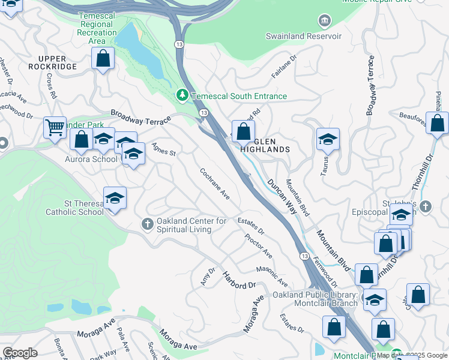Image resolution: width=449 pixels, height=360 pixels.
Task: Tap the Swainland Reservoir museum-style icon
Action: click(324, 22)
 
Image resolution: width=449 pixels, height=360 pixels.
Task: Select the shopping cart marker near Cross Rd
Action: click(55, 127)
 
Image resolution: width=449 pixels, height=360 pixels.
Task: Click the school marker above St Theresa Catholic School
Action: click(115, 197)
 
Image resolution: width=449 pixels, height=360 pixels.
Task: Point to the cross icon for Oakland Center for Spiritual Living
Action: click(148, 224)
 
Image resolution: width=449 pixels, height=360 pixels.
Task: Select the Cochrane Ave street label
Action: click(215, 184)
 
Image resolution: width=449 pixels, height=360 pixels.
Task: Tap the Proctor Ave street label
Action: click(258, 246)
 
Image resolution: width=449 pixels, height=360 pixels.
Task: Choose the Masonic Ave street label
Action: click(272, 276)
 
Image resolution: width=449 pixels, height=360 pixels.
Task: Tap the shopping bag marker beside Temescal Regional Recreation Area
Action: click(103, 59)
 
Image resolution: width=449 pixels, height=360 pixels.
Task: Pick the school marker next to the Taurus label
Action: click(328, 139)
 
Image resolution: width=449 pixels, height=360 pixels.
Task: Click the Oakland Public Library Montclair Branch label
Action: click(315, 298)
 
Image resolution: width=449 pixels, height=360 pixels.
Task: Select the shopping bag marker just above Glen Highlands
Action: click(243, 131)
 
